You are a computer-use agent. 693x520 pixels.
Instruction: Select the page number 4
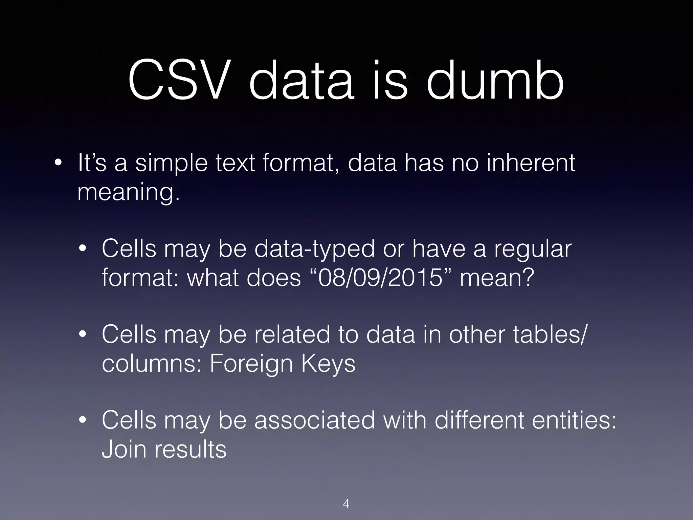346,503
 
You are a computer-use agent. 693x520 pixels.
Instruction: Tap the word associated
314,420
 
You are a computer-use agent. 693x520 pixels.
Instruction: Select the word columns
152,363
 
